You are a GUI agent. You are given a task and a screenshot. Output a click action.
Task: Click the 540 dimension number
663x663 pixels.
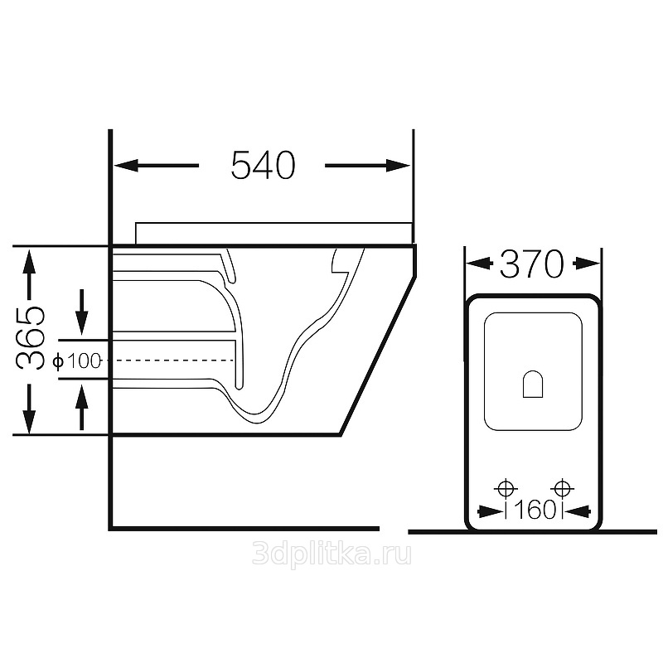263,165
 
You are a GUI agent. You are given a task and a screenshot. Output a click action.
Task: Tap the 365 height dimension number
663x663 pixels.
30,338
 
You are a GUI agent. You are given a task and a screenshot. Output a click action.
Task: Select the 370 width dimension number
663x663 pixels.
532,264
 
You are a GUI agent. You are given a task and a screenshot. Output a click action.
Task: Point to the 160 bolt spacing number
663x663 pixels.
534,510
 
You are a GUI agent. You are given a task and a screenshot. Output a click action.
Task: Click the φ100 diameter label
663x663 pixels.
77,361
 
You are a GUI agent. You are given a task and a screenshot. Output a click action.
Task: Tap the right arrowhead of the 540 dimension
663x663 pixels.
399,165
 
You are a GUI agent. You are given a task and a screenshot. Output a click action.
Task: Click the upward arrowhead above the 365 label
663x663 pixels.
29,262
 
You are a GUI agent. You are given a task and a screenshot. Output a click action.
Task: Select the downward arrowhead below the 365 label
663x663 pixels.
29,421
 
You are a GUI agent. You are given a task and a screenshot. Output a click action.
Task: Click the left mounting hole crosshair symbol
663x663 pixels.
506,489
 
